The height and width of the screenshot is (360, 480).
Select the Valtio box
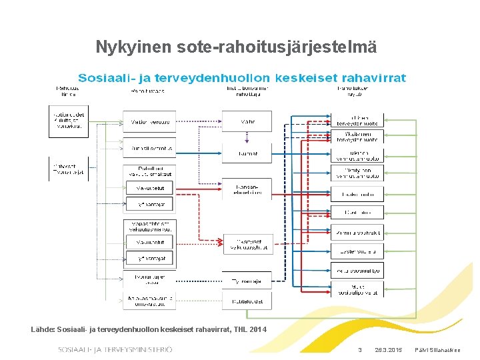click(247, 122)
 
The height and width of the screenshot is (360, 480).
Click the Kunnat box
click(247, 153)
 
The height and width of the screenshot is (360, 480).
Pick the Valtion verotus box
click(149, 122)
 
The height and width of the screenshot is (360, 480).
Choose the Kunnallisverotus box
click(149, 148)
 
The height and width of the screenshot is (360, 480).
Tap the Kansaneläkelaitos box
click(247, 189)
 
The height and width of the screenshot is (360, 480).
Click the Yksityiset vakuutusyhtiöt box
click(247, 244)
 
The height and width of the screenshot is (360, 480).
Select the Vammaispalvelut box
click(358, 233)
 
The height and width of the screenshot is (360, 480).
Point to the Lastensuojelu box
click(358, 251)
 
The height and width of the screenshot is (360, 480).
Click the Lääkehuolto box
click(358, 195)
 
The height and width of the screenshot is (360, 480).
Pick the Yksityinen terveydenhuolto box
click(358, 137)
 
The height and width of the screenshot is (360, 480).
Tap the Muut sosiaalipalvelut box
click(358, 289)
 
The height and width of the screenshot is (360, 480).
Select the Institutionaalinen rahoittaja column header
click(247, 91)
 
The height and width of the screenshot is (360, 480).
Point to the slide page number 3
click(360, 350)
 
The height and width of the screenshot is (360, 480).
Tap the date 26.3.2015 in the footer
click(389, 350)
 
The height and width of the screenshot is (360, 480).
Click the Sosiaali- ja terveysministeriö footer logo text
click(115, 349)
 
